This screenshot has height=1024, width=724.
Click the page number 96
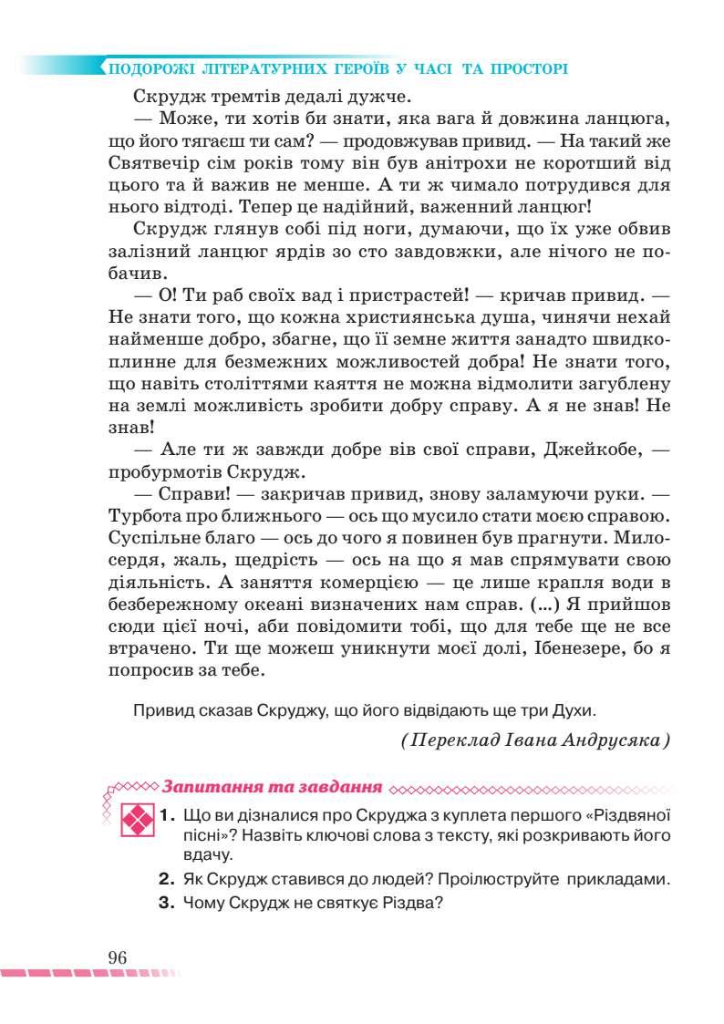coord(117,957)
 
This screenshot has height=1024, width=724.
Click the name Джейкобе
coord(584,450)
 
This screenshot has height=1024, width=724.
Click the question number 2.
coord(166,880)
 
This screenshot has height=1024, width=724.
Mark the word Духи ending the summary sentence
coord(576,708)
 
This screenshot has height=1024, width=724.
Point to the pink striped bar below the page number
coord(91,975)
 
